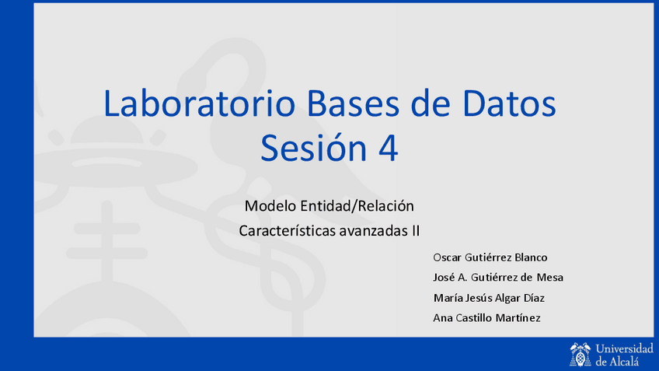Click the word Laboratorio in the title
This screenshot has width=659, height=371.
coord(199,103)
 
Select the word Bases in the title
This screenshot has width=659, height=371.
coord(353,103)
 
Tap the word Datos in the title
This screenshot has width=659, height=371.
coord(509,103)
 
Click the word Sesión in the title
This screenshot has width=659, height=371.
coord(314,148)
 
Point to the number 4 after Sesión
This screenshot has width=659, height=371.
coord(389,148)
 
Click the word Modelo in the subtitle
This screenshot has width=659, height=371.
coord(270,206)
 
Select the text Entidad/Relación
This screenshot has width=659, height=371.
coord(357,206)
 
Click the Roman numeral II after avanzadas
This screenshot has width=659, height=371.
coord(416,231)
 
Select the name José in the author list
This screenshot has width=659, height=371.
coord(444,278)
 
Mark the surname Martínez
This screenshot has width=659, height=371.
coord(518,318)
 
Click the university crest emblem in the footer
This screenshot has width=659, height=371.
coord(581,355)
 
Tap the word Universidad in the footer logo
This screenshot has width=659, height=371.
coord(625,348)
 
